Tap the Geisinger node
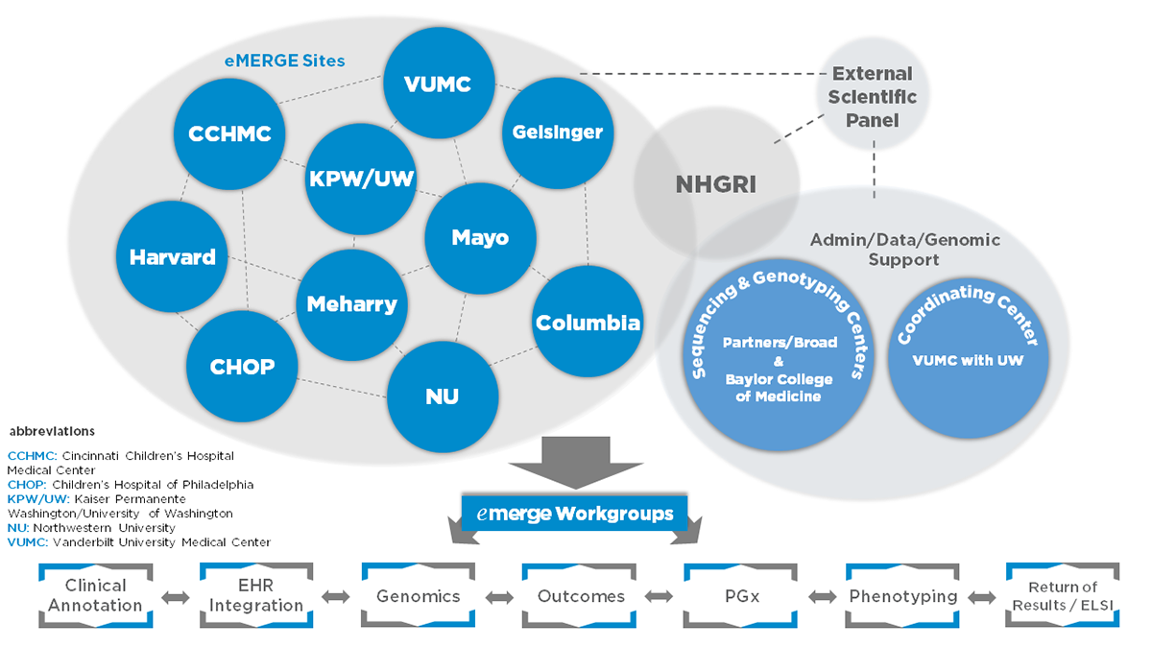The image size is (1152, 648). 558,132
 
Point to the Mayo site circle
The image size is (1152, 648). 480,237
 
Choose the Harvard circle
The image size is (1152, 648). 173,256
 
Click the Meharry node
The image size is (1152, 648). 351,304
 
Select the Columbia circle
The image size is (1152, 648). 588,323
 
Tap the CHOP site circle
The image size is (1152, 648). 242,366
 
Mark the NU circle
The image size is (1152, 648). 443,396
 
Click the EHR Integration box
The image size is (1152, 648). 255,595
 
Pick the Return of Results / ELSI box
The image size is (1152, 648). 1062,596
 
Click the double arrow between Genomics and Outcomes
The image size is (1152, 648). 498,597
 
